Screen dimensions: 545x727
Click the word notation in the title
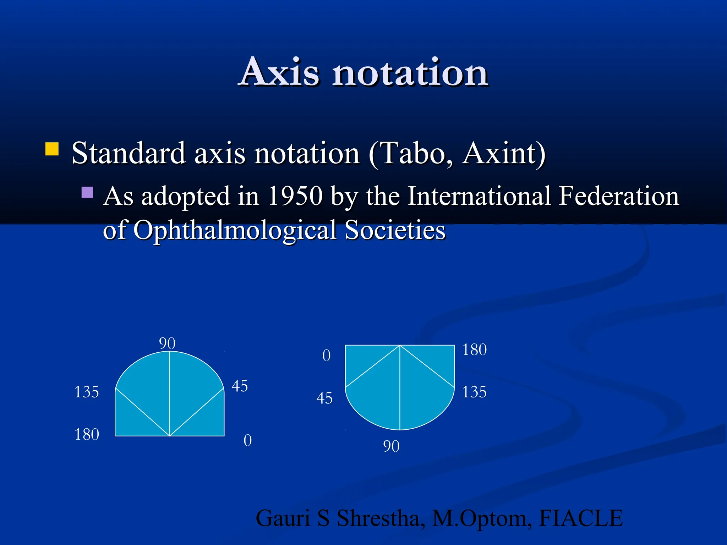click(410, 73)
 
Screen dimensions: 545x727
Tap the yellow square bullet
click(52, 149)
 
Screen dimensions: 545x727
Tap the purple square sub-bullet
click(87, 192)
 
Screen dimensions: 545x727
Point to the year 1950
click(295, 196)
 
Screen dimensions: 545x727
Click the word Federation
click(618, 196)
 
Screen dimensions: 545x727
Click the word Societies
click(395, 230)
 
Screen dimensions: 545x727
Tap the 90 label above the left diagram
click(167, 343)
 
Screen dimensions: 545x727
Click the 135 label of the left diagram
click(86, 392)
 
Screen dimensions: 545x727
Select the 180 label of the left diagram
click(86, 434)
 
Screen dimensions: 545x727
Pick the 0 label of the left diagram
click(247, 440)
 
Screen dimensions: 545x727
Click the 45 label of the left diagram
click(240, 386)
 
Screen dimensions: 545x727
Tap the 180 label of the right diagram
click(474, 349)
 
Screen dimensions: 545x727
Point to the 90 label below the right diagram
click(391, 446)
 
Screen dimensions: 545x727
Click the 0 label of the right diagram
click(326, 356)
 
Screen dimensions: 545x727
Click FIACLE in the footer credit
click(581, 518)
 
